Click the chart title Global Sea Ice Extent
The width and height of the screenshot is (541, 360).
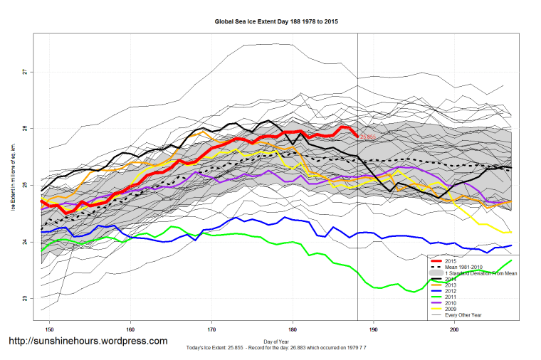tap(276, 21)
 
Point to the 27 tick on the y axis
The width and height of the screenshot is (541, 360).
tap(24, 72)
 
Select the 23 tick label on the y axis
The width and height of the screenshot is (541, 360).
tap(24, 298)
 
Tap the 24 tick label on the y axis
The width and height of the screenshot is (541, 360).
tap(24, 242)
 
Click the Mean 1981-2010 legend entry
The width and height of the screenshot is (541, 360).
tap(463, 268)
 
